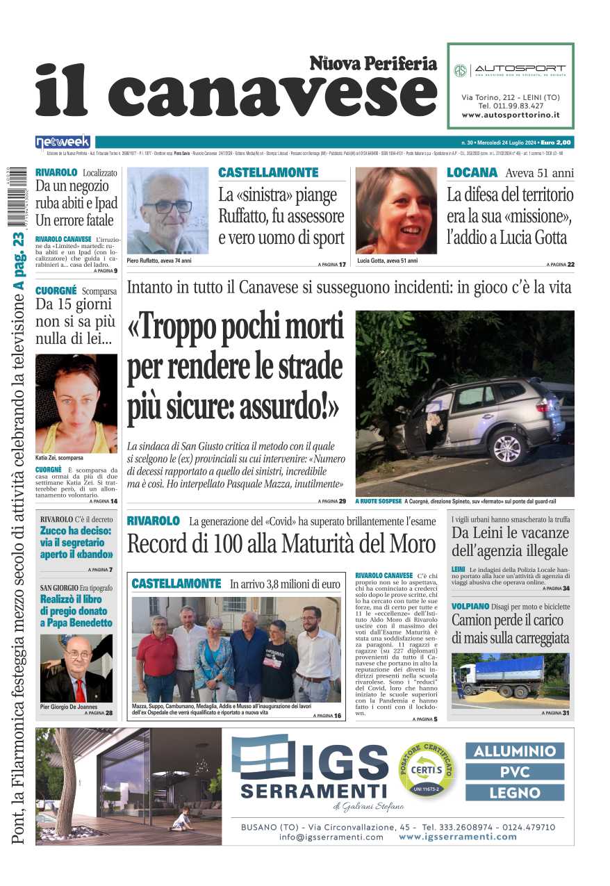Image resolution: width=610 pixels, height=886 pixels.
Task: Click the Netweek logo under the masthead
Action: [63, 142]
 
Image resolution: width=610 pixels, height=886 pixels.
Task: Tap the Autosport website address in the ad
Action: [511, 115]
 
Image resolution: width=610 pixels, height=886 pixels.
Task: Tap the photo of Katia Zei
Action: [76, 403]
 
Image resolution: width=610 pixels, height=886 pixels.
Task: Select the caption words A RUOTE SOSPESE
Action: [378, 501]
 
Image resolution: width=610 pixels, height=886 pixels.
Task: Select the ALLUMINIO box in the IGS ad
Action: [515, 751]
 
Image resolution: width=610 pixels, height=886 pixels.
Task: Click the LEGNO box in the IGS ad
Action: [515, 792]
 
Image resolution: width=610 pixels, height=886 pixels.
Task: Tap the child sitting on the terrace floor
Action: [181, 820]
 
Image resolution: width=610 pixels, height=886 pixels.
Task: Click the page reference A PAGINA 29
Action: [331, 501]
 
